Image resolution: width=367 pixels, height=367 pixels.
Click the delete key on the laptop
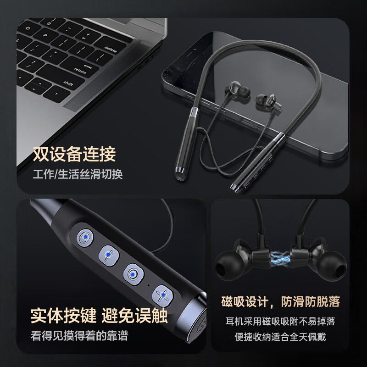[111, 48]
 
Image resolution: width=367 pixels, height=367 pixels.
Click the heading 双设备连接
[74, 155]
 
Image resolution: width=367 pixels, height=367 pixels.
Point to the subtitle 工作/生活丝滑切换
[78, 175]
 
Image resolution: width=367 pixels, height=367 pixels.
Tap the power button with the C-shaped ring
[84, 237]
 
